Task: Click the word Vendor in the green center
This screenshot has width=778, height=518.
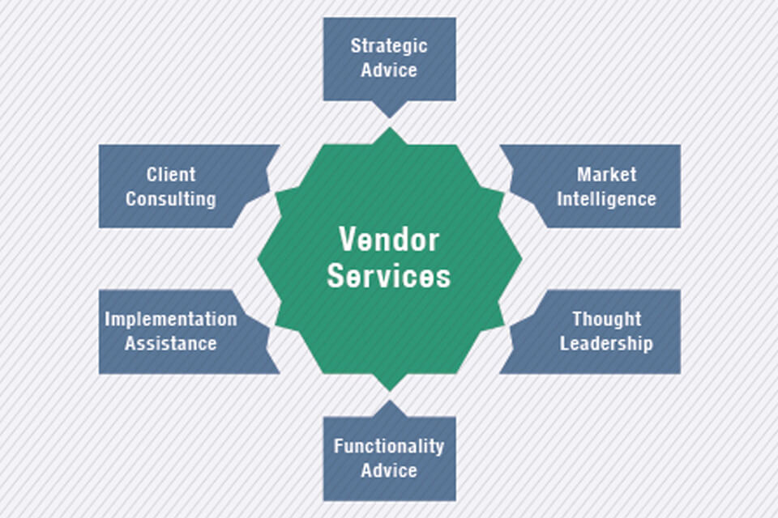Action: pyautogui.click(x=389, y=240)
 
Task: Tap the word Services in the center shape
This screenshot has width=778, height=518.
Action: pyautogui.click(x=389, y=276)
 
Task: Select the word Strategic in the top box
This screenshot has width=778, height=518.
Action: pyautogui.click(x=389, y=45)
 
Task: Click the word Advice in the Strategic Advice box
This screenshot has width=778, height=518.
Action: pyautogui.click(x=389, y=70)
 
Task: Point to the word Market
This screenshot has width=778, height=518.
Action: pyautogui.click(x=606, y=174)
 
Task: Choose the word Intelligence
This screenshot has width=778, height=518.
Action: pyautogui.click(x=606, y=198)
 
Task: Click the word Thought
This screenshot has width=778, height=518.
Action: pyautogui.click(x=606, y=319)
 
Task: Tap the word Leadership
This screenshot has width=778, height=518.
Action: pyautogui.click(x=606, y=343)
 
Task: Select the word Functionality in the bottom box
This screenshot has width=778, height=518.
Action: pyautogui.click(x=389, y=446)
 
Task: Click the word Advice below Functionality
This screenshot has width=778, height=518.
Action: pyautogui.click(x=389, y=470)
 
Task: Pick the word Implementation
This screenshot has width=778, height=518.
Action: pyautogui.click(x=171, y=319)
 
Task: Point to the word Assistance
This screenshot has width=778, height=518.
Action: pyautogui.click(x=171, y=343)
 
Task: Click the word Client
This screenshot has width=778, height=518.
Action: pyautogui.click(x=171, y=174)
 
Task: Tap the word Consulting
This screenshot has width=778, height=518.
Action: pyautogui.click(x=171, y=198)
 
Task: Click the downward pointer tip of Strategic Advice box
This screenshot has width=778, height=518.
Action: pyautogui.click(x=389, y=117)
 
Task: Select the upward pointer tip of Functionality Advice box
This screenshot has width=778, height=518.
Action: pyautogui.click(x=389, y=401)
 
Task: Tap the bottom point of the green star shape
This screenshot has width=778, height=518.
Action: pyautogui.click(x=389, y=390)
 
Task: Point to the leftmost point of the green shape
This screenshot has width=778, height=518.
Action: pyautogui.click(x=259, y=259)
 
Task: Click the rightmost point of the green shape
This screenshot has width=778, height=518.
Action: pyautogui.click(x=521, y=259)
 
